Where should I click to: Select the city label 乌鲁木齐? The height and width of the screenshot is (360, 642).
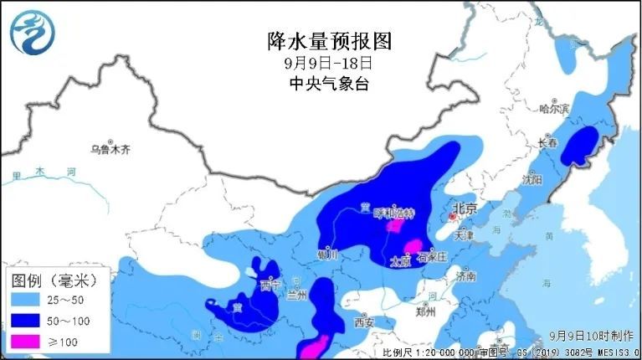(111, 151)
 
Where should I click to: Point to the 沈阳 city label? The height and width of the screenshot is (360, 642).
(532, 179)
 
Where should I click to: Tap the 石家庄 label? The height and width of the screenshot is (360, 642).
(434, 257)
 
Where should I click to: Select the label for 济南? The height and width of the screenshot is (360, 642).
(465, 275)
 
